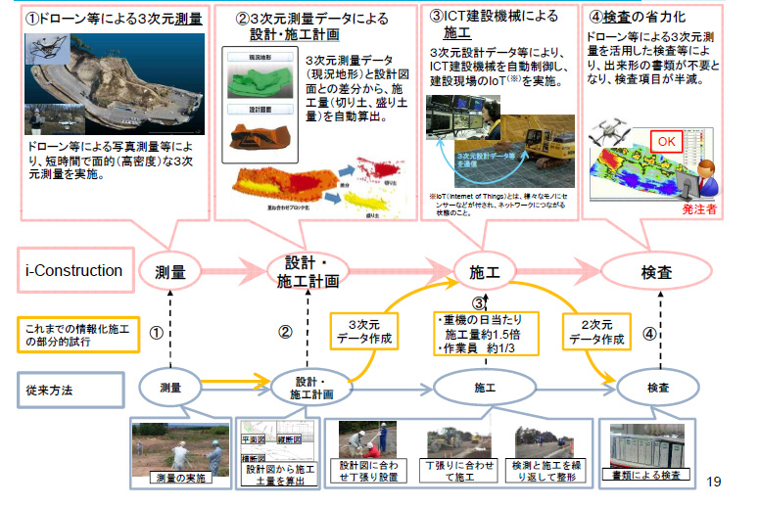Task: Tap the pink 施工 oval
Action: coord(478,272)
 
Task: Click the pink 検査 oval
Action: coord(656,272)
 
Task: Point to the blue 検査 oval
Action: coord(656,388)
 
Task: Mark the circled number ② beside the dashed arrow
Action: coord(285,331)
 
